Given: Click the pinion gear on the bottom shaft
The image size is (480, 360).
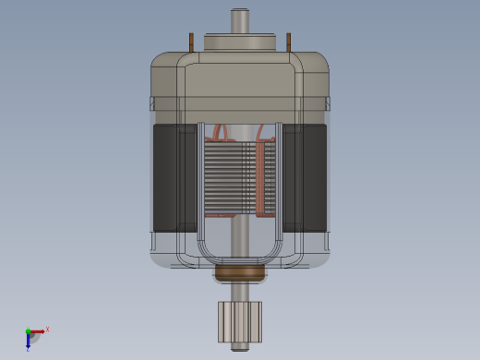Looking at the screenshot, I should (x=240, y=321).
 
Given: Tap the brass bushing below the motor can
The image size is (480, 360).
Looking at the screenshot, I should (x=240, y=273).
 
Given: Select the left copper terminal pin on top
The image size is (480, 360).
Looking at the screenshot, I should (x=192, y=42).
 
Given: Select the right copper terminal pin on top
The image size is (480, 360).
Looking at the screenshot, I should (x=288, y=42).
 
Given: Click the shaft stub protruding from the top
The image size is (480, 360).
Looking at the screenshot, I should (x=240, y=20).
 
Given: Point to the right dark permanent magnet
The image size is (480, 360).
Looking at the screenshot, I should (x=306, y=177).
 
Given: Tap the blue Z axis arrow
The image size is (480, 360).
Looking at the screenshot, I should (x=28, y=341).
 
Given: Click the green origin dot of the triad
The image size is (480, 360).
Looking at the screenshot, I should (x=28, y=331).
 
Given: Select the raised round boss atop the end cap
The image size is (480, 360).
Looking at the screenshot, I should (x=240, y=42).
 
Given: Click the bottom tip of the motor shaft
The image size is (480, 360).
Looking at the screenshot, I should (x=240, y=348).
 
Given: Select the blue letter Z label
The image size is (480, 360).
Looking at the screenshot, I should (x=28, y=350).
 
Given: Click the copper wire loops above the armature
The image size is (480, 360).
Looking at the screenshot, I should (x=222, y=132).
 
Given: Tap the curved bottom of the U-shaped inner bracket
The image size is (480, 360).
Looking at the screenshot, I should (x=240, y=259).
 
